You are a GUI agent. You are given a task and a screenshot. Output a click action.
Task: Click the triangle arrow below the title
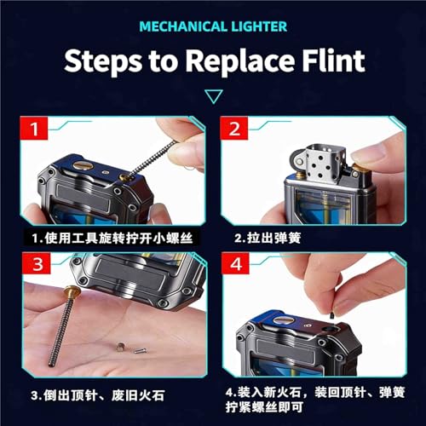click(x=214, y=96)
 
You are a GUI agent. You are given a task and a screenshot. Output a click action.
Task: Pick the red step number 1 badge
click(x=34, y=129)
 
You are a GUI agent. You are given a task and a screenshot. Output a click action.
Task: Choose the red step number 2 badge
click(x=234, y=129)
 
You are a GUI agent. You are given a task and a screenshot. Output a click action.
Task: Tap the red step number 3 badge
click(x=37, y=264)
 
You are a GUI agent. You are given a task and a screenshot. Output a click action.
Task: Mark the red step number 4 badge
click(x=236, y=264)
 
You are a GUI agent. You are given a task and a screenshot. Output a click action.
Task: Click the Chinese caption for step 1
click(x=112, y=238)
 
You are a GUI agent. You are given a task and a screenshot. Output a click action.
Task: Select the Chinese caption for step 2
click(x=268, y=238)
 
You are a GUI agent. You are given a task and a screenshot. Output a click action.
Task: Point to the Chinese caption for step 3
click(x=98, y=395)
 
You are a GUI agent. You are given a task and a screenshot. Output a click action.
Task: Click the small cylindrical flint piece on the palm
click(x=119, y=347)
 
